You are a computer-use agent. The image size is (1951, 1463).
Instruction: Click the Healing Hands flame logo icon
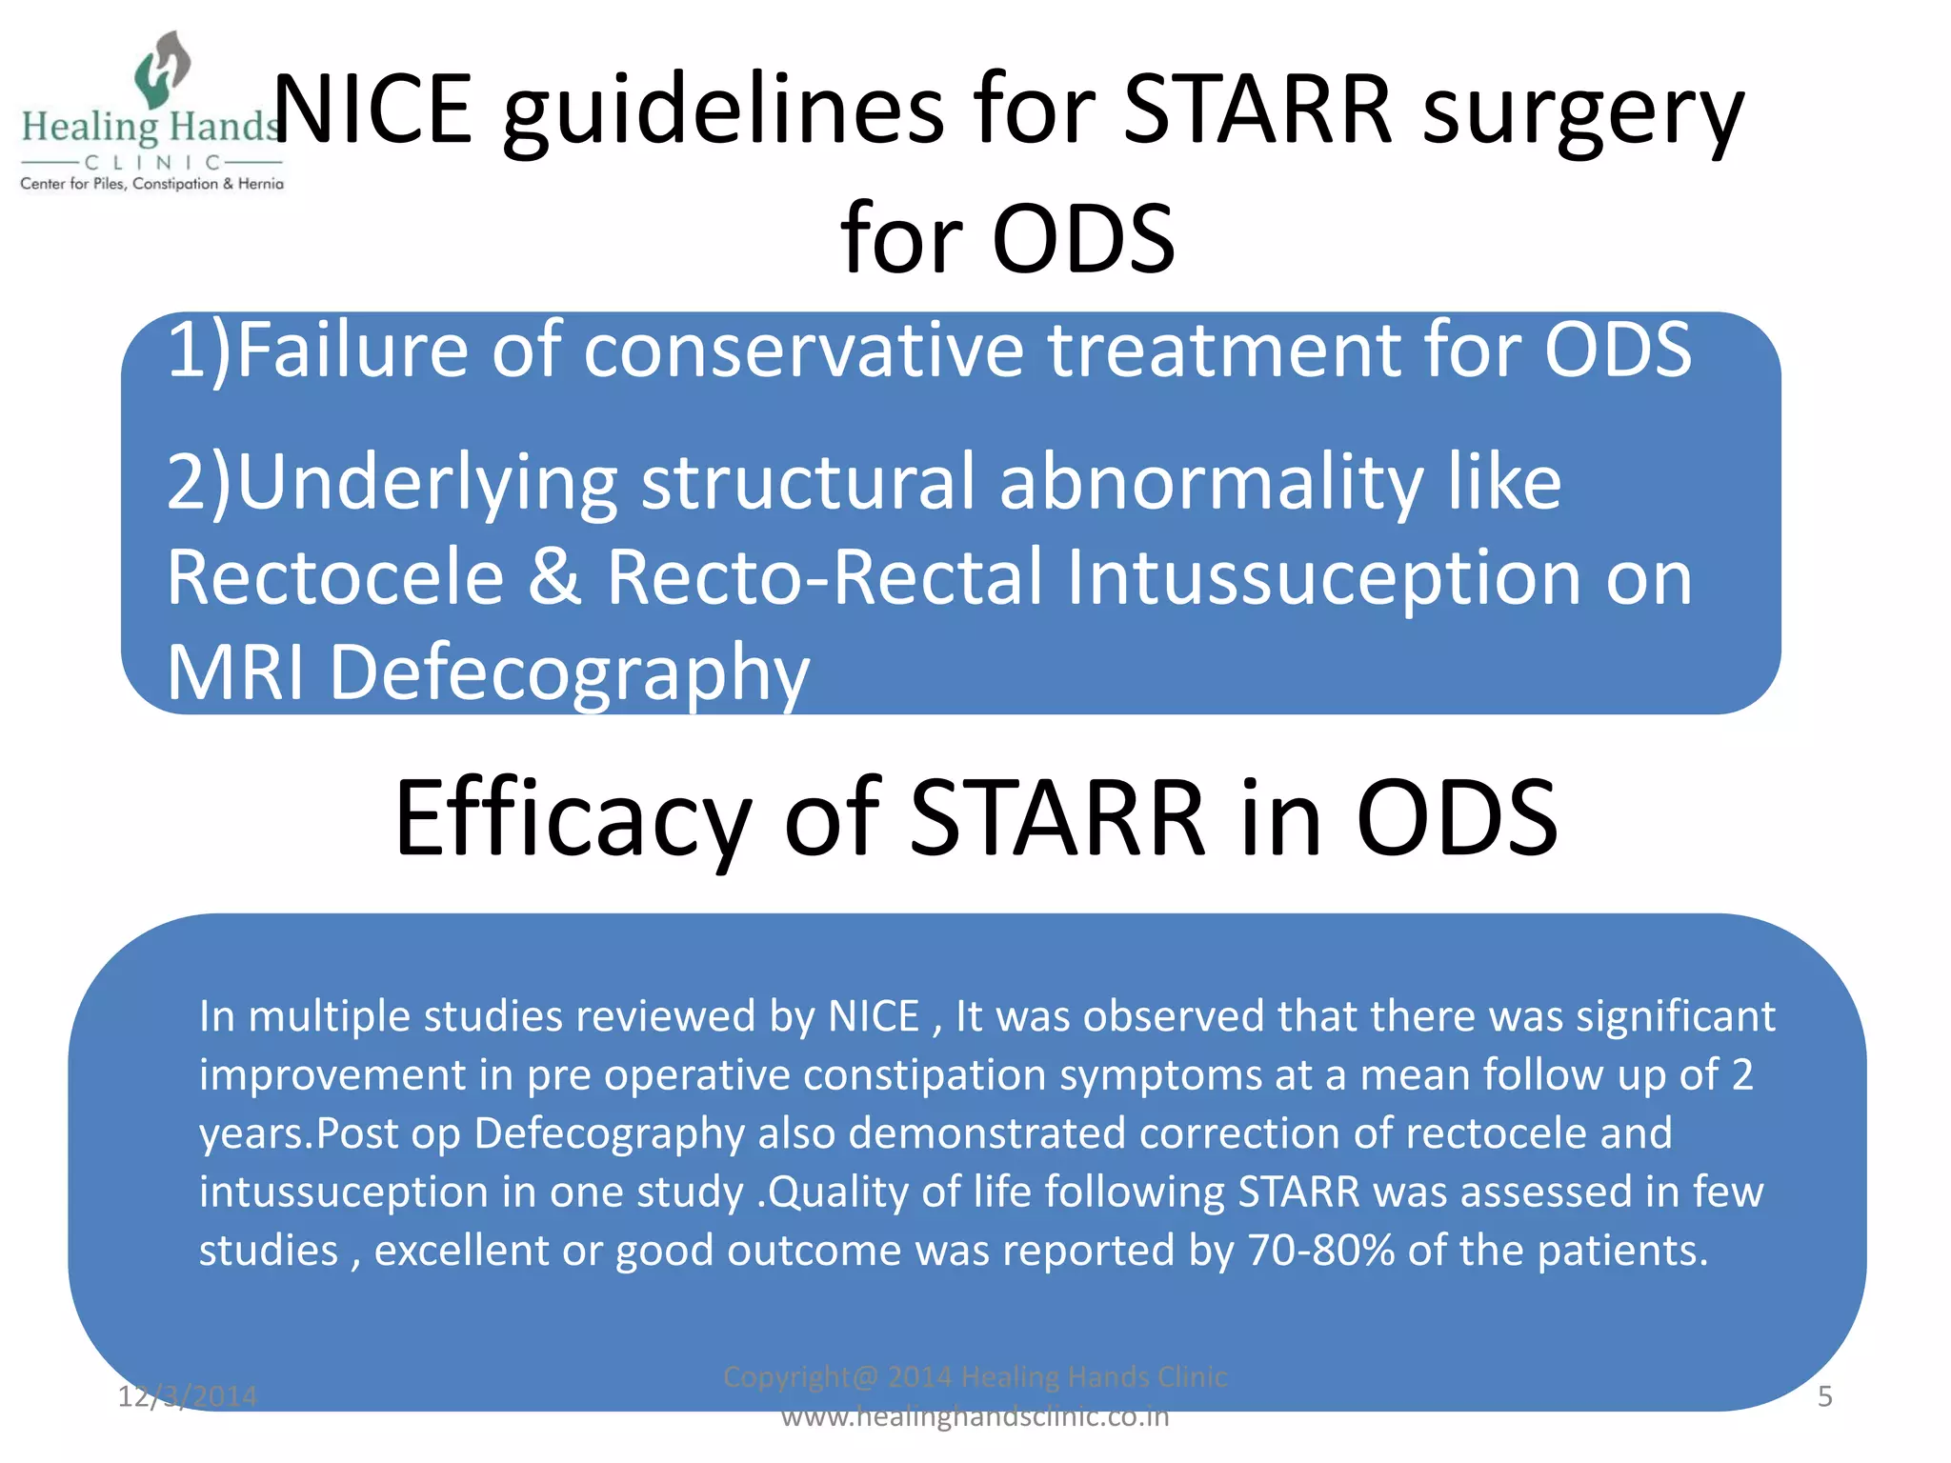pyautogui.click(x=163, y=69)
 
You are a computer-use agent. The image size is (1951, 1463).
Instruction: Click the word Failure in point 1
pyautogui.click(x=352, y=350)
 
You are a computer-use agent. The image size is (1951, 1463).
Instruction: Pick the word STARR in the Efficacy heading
pyautogui.click(x=1058, y=817)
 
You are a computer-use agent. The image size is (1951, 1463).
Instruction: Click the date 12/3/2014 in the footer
pyautogui.click(x=187, y=1396)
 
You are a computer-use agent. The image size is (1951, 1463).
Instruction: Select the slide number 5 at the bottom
pyautogui.click(x=1824, y=1396)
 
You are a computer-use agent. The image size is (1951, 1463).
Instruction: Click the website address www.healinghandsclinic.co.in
pyautogui.click(x=975, y=1416)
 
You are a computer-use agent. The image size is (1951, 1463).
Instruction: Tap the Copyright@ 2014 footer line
pyautogui.click(x=975, y=1376)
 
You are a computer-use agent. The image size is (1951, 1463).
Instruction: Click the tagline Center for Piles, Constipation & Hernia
pyautogui.click(x=152, y=184)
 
